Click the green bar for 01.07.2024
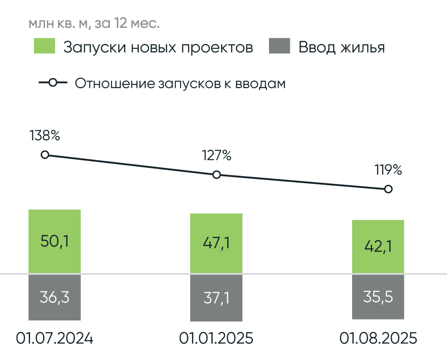55,242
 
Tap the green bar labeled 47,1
216,243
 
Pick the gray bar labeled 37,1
216,298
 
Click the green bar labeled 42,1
378,247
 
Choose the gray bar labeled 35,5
378,297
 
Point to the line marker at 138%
44,155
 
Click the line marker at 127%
216,175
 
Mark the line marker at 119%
388,189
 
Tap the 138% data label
44,136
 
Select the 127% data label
216,155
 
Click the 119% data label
388,170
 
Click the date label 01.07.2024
55,338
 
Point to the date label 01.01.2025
216,338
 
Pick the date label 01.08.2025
378,338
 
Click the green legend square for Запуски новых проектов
44,47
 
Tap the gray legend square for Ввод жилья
279,47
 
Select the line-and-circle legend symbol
53,83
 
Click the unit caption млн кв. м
58,23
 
